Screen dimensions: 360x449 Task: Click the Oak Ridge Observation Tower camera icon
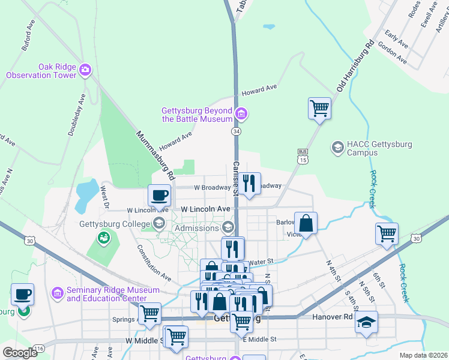click(85, 70)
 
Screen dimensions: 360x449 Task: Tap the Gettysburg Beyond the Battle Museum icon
click(241, 113)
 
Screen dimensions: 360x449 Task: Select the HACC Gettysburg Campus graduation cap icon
click(338, 146)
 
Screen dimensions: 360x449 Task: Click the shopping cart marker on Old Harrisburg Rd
click(319, 109)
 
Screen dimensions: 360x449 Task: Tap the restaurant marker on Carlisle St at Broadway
click(249, 183)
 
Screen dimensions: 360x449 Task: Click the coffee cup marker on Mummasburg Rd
click(160, 195)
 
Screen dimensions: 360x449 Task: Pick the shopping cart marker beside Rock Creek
click(387, 233)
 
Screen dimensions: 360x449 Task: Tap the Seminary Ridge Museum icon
click(58, 293)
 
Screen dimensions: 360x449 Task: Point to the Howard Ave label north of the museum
click(259, 90)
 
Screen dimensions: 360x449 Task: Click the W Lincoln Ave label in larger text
click(206, 209)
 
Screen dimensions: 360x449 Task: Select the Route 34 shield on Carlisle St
click(237, 131)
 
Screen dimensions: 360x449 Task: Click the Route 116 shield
click(40, 348)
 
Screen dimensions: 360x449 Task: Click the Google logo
click(20, 353)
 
